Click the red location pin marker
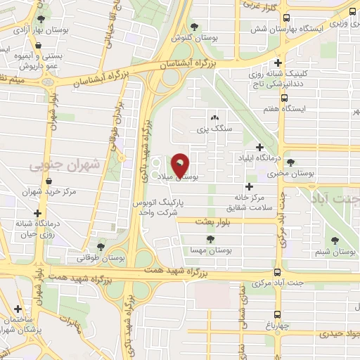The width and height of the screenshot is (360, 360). point(180,165)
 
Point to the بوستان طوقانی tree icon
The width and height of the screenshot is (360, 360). point(101,246)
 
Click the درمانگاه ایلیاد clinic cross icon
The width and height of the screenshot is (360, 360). point(260,147)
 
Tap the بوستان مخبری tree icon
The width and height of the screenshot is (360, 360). point(291,162)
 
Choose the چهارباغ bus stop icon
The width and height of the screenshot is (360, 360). point(276,314)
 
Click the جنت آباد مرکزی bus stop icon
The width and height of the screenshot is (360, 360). point(276,272)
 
